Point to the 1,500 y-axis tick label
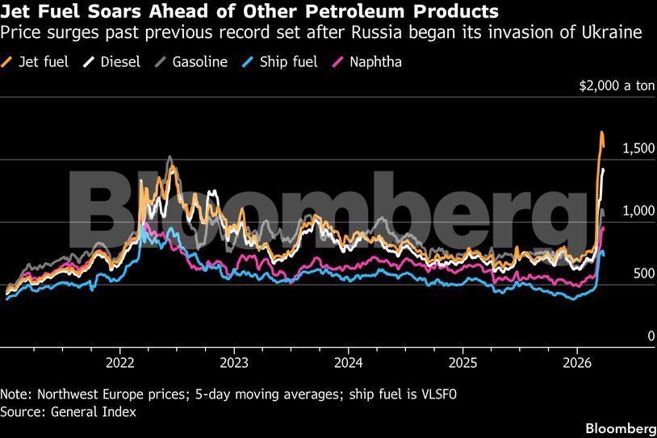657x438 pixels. pyautogui.click(x=637, y=148)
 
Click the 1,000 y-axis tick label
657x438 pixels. pyautogui.click(x=637, y=211)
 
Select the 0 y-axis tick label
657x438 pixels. pyautogui.click(x=651, y=336)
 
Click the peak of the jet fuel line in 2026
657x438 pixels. pyautogui.click(x=601, y=131)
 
